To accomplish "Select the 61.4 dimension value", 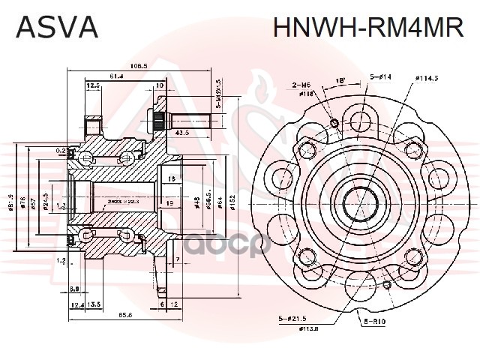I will (116, 76).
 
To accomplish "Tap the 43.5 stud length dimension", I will (181, 132).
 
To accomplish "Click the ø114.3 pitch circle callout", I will (425, 76).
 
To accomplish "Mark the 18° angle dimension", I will (340, 79).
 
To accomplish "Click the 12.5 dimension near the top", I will (94, 86).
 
